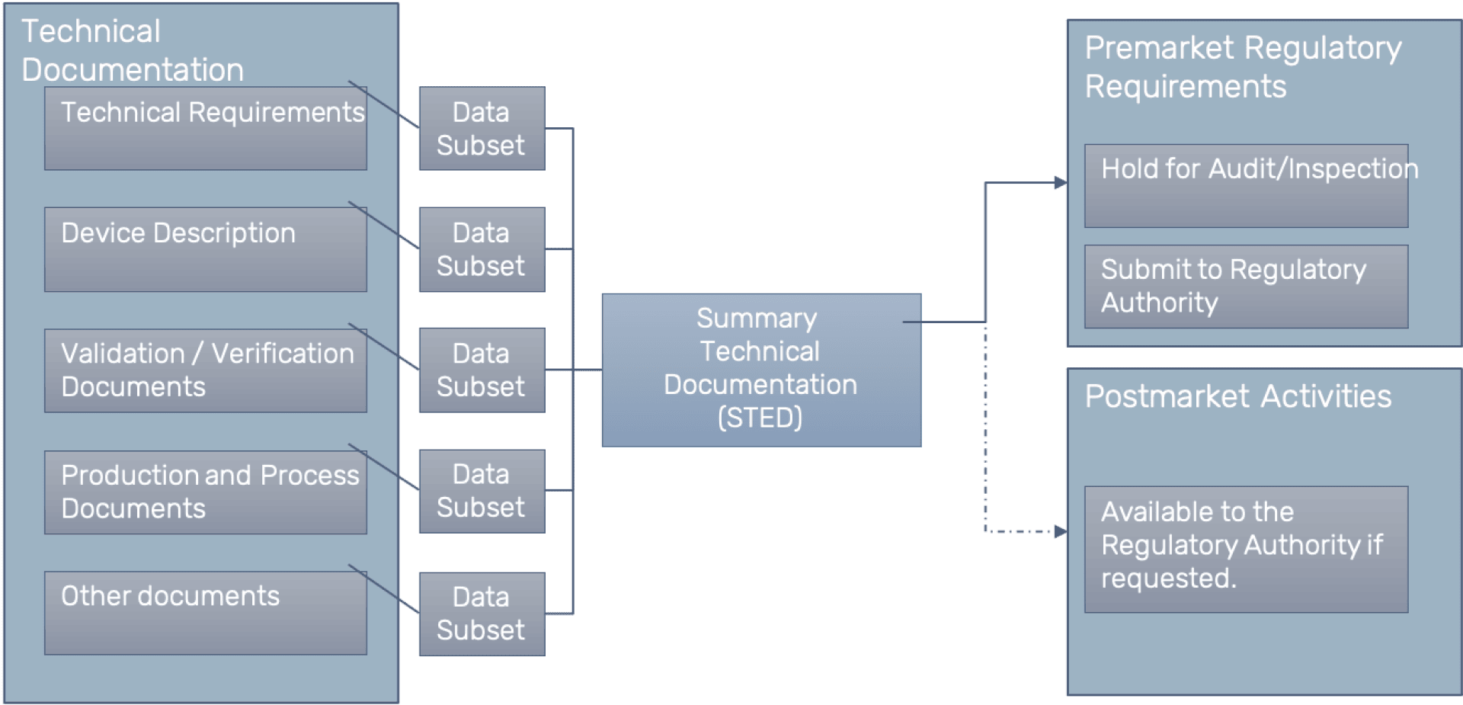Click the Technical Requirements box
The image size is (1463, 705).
[206, 128]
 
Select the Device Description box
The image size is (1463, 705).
[206, 249]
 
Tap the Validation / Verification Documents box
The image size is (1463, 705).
[206, 370]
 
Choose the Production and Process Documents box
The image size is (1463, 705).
[206, 492]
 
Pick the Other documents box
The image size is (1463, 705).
[206, 613]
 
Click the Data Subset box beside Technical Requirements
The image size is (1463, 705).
[482, 128]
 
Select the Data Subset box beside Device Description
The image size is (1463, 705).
[482, 249]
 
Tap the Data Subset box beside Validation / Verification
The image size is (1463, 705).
[482, 370]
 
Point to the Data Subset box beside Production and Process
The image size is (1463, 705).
[482, 492]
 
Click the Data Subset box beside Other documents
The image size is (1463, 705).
[482, 614]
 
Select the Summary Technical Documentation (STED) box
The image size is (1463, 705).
[762, 370]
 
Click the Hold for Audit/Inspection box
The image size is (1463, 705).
[1247, 186]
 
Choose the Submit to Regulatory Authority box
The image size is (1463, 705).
[1247, 287]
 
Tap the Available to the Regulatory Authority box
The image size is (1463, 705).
[1247, 550]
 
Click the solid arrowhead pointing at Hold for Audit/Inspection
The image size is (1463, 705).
[1061, 183]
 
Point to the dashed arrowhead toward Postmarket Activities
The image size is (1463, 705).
[1061, 531]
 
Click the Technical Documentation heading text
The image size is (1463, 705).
[133, 50]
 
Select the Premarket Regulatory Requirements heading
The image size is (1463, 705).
[1243, 67]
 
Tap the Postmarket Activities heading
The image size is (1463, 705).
[1238, 396]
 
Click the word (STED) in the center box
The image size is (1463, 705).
[760, 418]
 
